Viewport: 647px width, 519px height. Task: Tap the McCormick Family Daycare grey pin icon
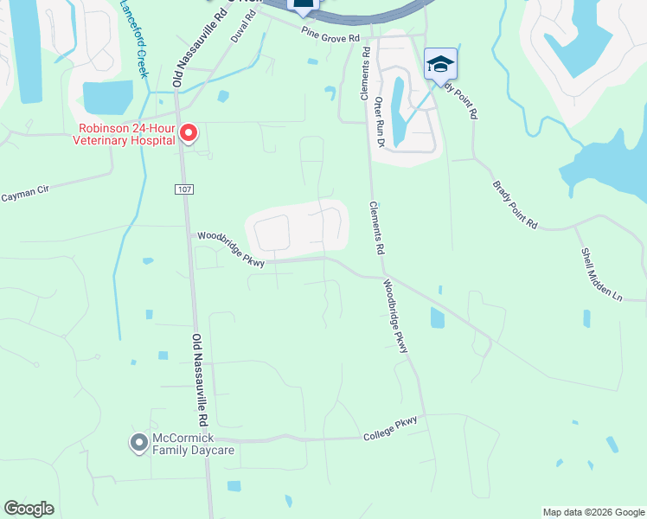click(x=138, y=443)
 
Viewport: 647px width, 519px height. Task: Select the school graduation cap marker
click(x=440, y=64)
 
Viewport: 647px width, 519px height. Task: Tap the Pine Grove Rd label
click(x=330, y=37)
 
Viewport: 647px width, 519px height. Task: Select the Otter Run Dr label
click(x=379, y=120)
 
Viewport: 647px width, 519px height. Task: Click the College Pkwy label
click(x=390, y=426)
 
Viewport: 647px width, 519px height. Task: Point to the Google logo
click(x=29, y=509)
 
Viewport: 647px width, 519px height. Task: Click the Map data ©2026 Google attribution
click(x=593, y=512)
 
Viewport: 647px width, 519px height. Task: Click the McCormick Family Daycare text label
click(x=193, y=444)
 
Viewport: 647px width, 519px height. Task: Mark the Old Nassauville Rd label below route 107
click(x=201, y=379)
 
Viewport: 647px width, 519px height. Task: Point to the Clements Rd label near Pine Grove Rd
click(x=366, y=74)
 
